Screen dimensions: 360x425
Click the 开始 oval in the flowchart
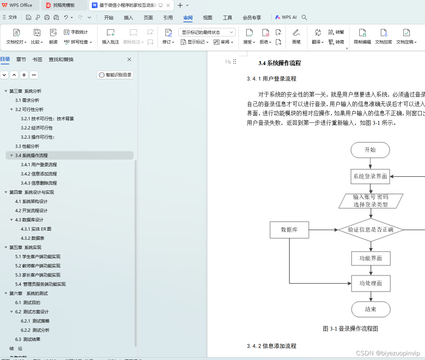(370, 150)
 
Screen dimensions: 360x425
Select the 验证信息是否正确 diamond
(371, 230)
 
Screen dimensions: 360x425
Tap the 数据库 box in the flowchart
(289, 230)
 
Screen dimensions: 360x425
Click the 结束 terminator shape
(371, 309)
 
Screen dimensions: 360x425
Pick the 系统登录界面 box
(370, 176)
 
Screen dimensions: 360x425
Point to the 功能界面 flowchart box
(371, 259)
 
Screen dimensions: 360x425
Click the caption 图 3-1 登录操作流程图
(350, 329)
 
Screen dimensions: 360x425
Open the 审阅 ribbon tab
(188, 18)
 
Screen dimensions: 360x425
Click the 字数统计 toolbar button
(76, 32)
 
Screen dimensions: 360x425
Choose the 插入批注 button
(111, 36)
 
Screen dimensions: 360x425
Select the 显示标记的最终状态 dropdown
(207, 33)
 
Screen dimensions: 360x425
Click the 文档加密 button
(384, 36)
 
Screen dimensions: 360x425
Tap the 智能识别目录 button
(115, 75)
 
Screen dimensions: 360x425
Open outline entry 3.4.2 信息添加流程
(39, 174)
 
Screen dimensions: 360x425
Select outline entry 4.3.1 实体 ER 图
(36, 229)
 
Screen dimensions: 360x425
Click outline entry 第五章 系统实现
(25, 248)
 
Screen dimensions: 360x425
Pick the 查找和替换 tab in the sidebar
(61, 59)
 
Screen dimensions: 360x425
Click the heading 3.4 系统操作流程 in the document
(280, 63)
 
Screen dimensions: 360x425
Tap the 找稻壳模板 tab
(64, 5)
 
